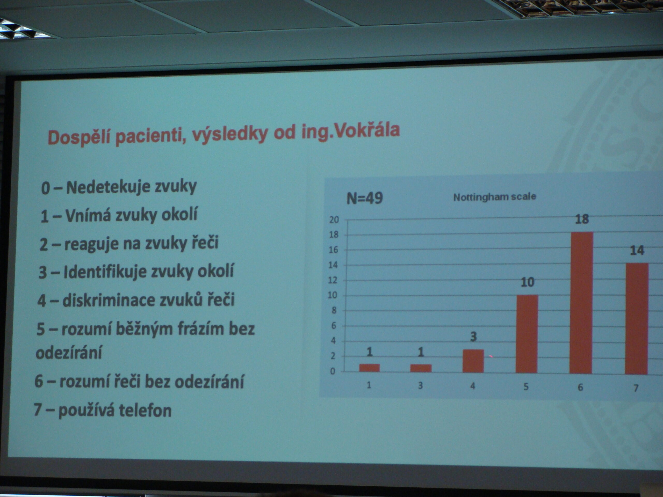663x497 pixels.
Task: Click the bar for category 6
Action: tap(581, 303)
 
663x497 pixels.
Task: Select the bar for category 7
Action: tap(636, 319)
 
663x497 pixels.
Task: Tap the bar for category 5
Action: tap(527, 334)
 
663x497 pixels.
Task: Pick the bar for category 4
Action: tap(473, 361)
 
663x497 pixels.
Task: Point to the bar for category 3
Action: tap(421, 368)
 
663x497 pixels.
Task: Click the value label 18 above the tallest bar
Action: tap(582, 219)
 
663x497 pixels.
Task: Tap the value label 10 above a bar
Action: tap(528, 282)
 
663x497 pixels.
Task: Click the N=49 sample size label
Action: tap(364, 198)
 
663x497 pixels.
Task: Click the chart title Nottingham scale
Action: tap(495, 197)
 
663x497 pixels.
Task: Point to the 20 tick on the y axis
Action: tap(334, 220)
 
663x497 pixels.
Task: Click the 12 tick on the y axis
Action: tap(333, 280)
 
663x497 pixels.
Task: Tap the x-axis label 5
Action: tap(526, 387)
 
